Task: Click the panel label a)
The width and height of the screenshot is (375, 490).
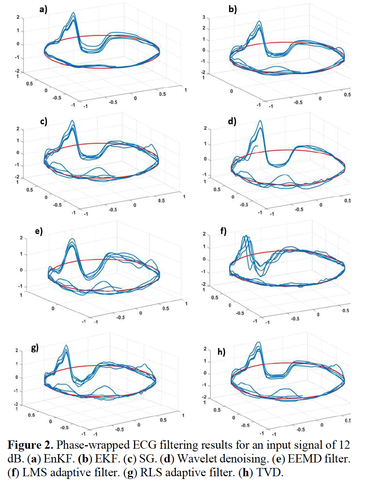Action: coord(43,9)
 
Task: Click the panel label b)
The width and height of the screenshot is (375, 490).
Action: coord(233,9)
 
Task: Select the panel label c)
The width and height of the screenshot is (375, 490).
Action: coord(43,121)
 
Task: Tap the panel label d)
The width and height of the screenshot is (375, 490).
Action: coord(232,121)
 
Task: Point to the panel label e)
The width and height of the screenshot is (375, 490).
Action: coord(39,231)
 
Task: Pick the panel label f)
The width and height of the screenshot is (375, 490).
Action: coord(223,231)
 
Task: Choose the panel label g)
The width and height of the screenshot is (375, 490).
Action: coord(35,348)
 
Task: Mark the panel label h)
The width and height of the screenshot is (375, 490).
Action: coord(222,351)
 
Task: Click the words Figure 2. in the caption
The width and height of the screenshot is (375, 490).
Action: coord(30,445)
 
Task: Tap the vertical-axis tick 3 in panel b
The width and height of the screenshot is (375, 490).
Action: coord(204,17)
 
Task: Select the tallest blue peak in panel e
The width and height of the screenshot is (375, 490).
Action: coord(72,239)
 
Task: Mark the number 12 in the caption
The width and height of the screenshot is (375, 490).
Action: coord(344,445)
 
